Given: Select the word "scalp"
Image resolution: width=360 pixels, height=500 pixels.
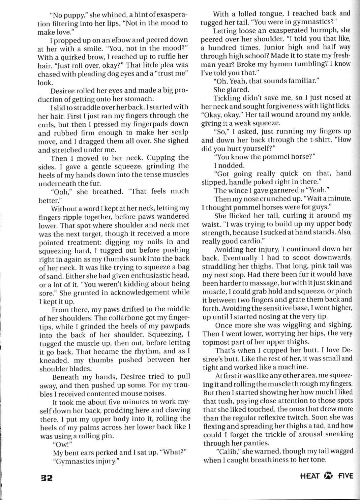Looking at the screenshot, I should [x=178, y=132].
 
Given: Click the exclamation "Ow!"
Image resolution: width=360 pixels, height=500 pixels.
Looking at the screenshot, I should [x=61, y=444].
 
